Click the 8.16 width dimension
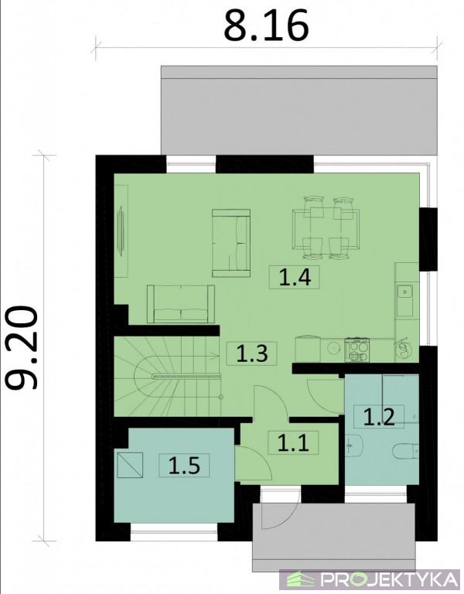tap(266, 26)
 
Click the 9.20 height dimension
tap(22, 348)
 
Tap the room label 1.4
tap(295, 278)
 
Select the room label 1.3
tap(252, 353)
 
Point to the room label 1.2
tap(379, 417)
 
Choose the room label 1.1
tap(293, 443)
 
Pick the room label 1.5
tap(184, 465)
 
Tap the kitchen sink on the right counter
tap(405, 300)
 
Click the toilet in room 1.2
tap(405, 451)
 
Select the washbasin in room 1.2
tap(354, 444)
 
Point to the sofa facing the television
tap(231, 242)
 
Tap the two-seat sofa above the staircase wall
tap(181, 304)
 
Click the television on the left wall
tap(121, 230)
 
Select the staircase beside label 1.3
tap(167, 376)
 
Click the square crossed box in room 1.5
tap(130, 465)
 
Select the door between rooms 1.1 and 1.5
tap(253, 464)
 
